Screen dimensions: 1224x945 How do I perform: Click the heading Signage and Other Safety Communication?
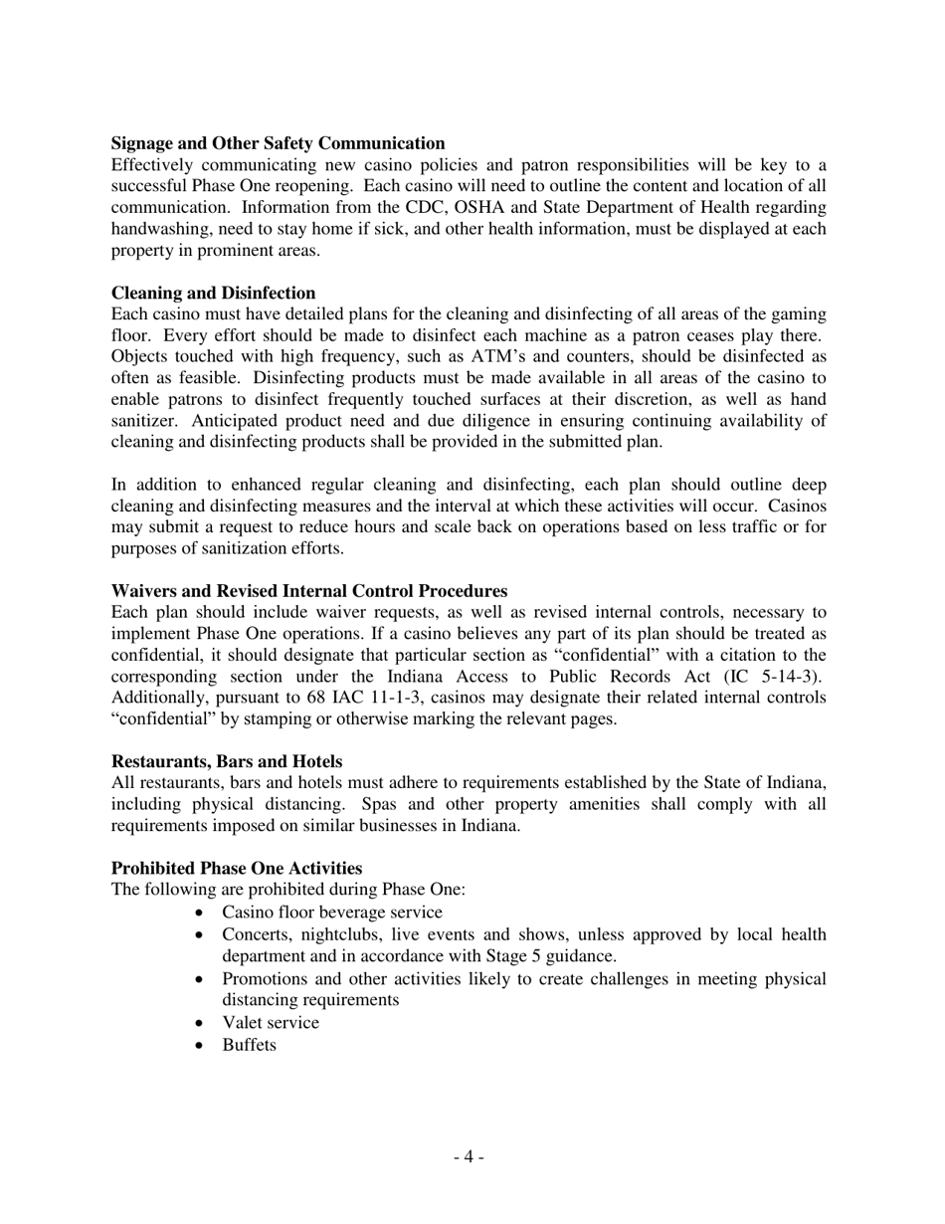pyautogui.click(x=278, y=143)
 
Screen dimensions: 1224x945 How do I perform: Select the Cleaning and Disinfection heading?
pyautogui.click(x=213, y=293)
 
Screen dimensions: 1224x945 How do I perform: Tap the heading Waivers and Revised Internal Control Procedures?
pyautogui.click(x=308, y=591)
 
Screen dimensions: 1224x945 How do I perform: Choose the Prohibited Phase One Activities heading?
pyautogui.click(x=236, y=868)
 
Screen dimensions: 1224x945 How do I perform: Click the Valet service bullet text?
pyautogui.click(x=271, y=1023)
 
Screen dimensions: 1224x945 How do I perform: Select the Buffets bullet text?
pyautogui.click(x=249, y=1045)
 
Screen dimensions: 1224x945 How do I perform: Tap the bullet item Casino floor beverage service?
pyautogui.click(x=332, y=913)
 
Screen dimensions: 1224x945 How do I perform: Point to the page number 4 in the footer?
pyautogui.click(x=469, y=1157)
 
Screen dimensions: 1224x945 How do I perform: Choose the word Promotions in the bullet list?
pyautogui.click(x=267, y=979)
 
